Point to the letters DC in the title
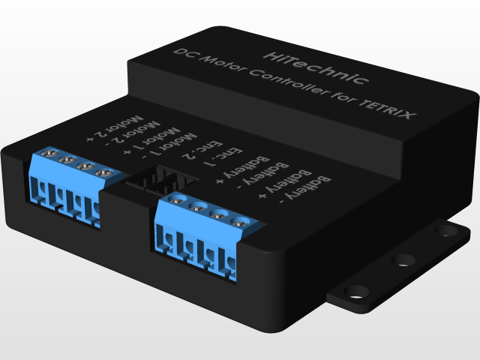(x=183, y=55)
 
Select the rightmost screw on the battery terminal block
(x=241, y=221)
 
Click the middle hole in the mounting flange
(x=404, y=260)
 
